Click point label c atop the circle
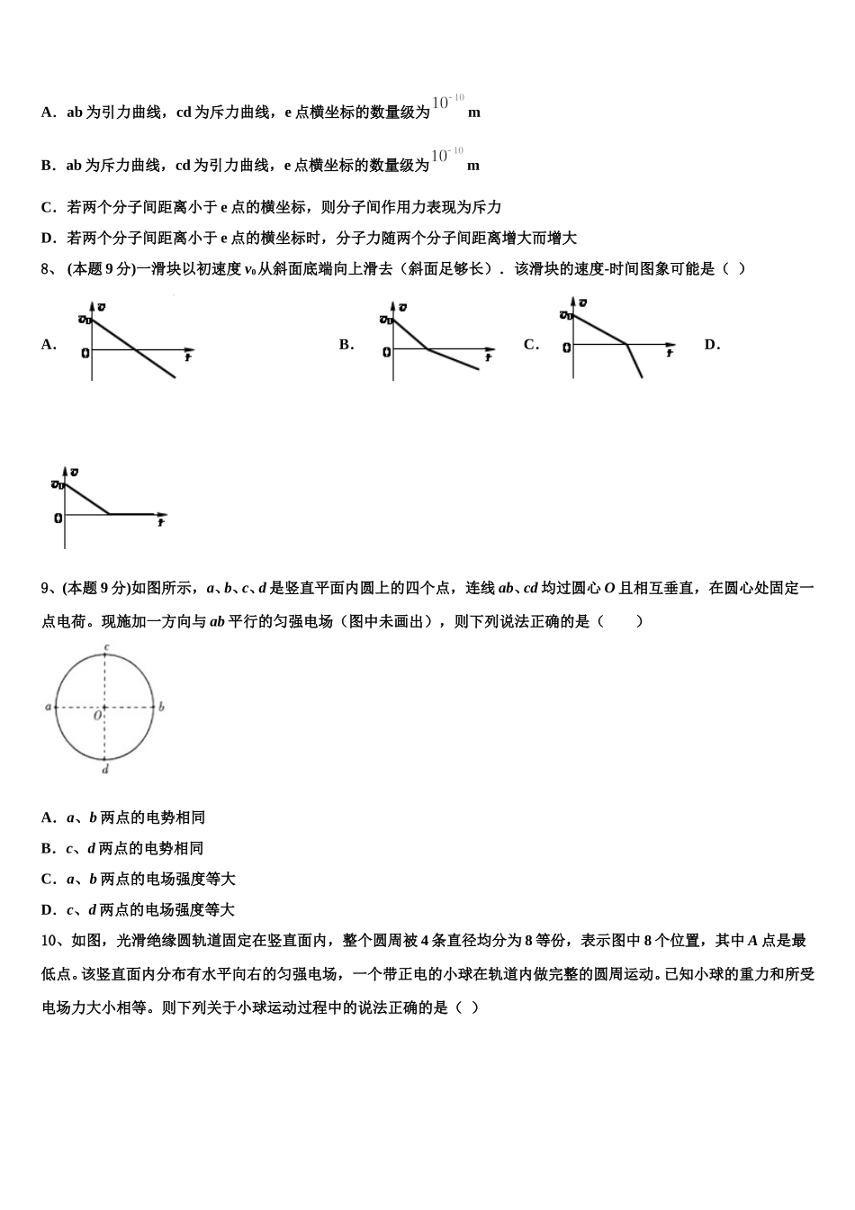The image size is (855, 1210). (x=106, y=647)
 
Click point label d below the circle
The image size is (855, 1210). (x=105, y=770)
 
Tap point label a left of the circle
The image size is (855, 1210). (x=48, y=708)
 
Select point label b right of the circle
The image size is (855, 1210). (x=161, y=708)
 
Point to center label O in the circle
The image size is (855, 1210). (x=97, y=716)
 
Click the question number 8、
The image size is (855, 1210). (x=49, y=268)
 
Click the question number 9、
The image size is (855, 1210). (x=49, y=588)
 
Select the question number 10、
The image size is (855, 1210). (x=53, y=941)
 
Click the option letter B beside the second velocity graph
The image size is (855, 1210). (x=346, y=344)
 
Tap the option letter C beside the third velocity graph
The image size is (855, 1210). (x=531, y=344)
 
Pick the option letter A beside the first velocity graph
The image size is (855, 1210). (x=49, y=344)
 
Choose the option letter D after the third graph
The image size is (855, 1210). (x=712, y=344)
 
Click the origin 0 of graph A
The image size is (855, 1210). (x=85, y=352)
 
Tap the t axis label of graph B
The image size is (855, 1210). (x=489, y=357)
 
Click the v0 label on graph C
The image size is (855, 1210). (x=565, y=314)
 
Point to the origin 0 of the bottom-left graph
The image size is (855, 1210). (x=58, y=518)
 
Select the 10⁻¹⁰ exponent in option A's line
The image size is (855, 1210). (x=447, y=102)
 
